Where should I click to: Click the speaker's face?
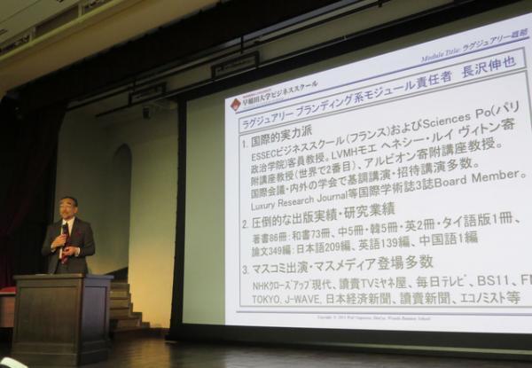point(68,208)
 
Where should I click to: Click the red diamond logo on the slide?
point(236,105)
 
